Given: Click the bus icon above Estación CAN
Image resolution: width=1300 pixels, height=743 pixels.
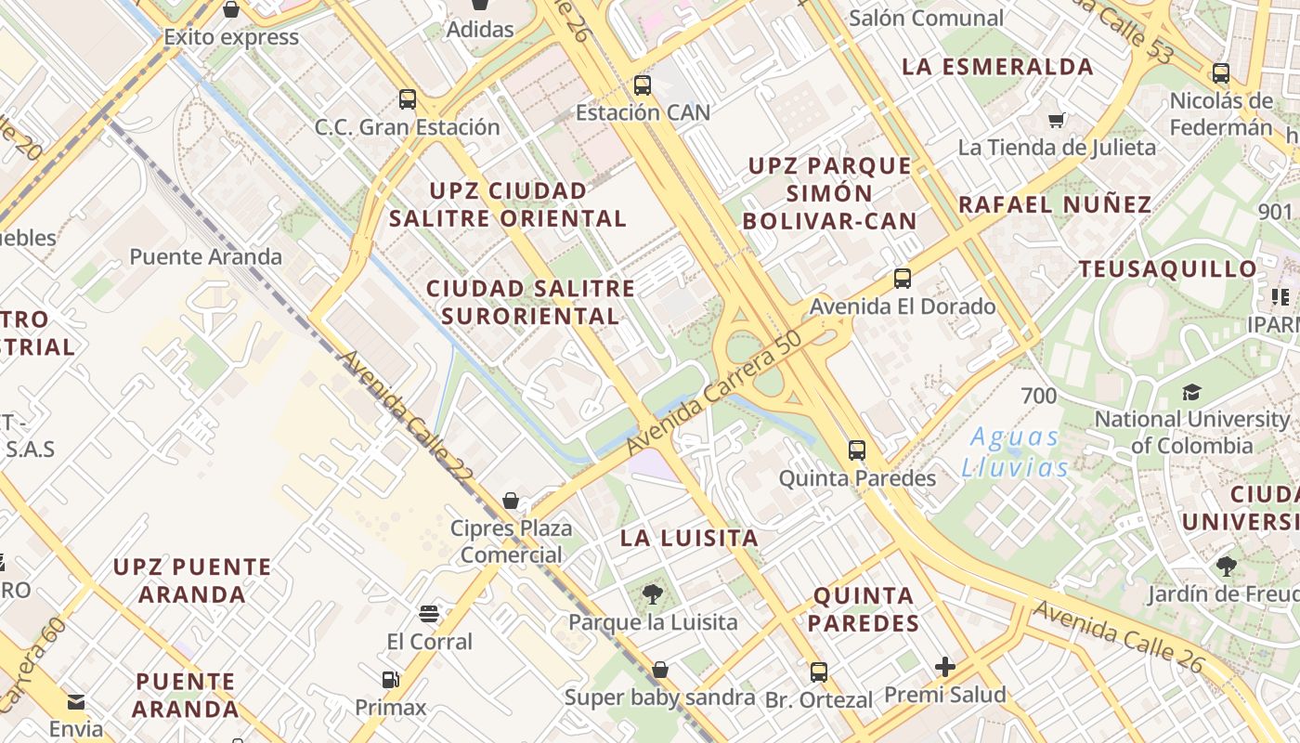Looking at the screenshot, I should [642, 86].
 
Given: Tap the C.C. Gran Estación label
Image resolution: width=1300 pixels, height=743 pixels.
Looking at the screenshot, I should [407, 127].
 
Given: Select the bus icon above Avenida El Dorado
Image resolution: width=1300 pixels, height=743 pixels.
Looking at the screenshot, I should [902, 279].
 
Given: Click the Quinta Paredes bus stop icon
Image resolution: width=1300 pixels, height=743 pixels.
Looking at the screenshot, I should [857, 450].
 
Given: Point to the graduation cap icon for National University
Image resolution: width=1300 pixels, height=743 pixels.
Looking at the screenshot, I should [1191, 393].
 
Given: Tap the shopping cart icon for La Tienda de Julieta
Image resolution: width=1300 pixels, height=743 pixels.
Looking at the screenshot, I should [1056, 121].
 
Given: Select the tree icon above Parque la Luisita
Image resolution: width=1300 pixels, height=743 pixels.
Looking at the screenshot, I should [653, 594].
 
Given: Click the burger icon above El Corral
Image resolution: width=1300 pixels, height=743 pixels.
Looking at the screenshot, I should [428, 613].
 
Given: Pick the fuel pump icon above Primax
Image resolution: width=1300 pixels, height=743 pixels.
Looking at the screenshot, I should [390, 681].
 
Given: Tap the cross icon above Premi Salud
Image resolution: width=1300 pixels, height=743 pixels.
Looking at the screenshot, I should [945, 667].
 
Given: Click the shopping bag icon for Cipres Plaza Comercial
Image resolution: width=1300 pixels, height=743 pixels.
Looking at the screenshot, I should [511, 501].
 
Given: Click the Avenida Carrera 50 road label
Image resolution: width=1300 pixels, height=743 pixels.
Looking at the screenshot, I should [713, 395].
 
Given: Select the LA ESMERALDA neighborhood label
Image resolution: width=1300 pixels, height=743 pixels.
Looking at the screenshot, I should [997, 67].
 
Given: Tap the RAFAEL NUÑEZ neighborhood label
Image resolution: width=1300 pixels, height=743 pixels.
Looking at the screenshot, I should [1055, 204].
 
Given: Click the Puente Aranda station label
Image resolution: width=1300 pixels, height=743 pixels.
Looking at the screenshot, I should [205, 257].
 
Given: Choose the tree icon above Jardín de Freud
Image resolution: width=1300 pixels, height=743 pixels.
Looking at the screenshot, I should [1226, 567].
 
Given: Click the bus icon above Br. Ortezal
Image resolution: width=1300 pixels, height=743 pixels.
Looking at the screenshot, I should [818, 672].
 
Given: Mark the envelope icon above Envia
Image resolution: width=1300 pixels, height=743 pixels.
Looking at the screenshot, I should [76, 701].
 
